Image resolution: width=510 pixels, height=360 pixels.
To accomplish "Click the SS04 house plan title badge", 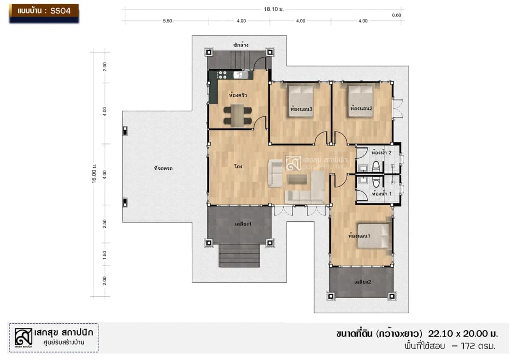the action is (44, 13).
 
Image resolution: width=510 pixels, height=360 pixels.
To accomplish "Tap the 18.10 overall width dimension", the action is (273, 9).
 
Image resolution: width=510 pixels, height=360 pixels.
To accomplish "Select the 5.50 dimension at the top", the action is (168, 21).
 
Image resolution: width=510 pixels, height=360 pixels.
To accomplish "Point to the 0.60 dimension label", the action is (397, 15).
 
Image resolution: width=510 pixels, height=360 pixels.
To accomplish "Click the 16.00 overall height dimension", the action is (94, 173).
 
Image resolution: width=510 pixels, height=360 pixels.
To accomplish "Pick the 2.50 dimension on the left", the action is (104, 224).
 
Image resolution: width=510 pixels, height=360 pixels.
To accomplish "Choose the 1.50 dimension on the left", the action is (104, 255).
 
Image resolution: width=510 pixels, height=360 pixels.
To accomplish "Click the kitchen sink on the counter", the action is (241, 75).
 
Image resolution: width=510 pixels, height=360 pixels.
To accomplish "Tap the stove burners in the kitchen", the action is (222, 75).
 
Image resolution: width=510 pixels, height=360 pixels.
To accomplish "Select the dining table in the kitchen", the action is (238, 115).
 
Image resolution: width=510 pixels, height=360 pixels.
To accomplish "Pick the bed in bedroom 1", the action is (374, 236).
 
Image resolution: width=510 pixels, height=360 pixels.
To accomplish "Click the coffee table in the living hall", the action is (297, 179).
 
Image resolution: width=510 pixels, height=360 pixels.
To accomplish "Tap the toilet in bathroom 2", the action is (376, 167).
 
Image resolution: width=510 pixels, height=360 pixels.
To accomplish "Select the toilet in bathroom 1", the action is (376, 182).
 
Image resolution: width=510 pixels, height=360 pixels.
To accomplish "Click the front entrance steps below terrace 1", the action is (239, 255).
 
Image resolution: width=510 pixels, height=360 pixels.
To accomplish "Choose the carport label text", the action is (163, 168).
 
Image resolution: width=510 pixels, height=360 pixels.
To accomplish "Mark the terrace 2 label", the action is (362, 282).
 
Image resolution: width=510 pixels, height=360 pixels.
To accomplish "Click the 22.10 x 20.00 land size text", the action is (463, 334).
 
